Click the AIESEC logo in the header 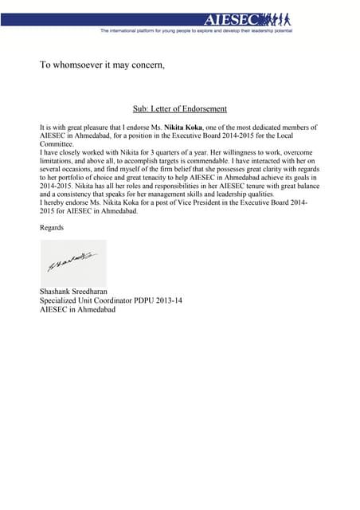tap(247, 18)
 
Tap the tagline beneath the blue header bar tap(196, 30)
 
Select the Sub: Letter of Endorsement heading tap(180, 109)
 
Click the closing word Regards tap(52, 228)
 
